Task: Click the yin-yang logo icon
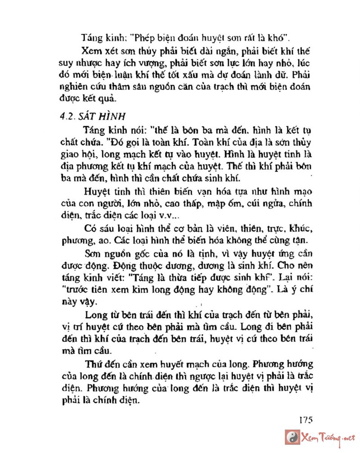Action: [x=293, y=437]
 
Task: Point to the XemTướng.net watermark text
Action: [x=328, y=437]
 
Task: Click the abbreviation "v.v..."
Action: [x=157, y=214]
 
